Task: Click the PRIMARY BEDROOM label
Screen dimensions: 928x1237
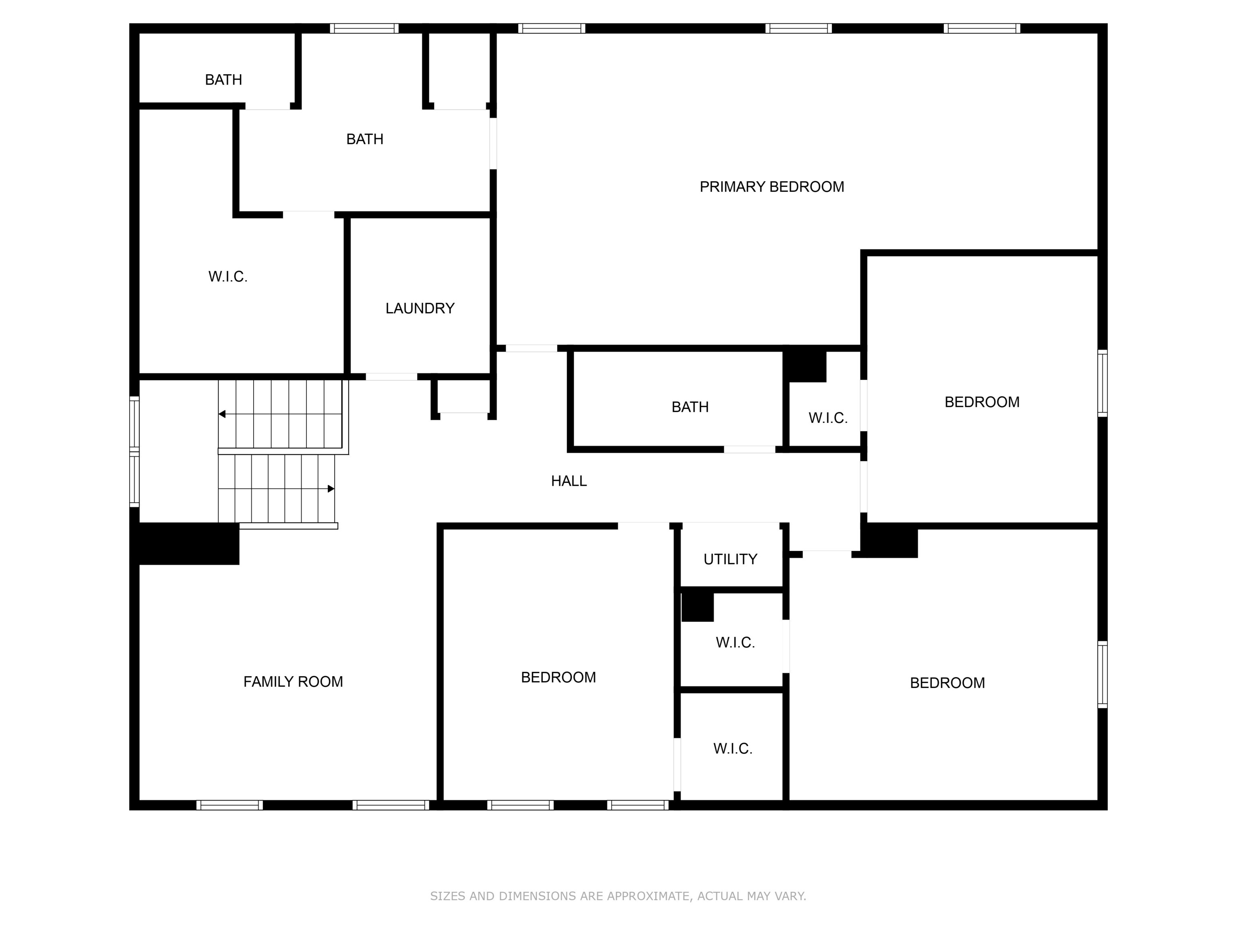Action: (772, 187)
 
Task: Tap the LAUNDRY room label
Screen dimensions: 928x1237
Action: (420, 308)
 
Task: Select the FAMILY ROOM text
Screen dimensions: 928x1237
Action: (293, 681)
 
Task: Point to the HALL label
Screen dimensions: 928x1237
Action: (569, 481)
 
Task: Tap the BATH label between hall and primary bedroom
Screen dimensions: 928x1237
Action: (690, 407)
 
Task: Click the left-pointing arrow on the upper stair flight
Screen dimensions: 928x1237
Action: (222, 414)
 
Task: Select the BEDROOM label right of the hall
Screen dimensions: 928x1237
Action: (982, 402)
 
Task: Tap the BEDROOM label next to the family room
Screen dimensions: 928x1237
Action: (558, 677)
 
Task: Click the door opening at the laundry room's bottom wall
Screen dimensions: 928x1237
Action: (391, 377)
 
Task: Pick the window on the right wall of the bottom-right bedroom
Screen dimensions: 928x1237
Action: (1102, 675)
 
